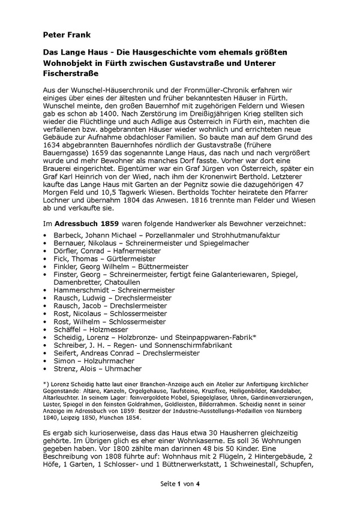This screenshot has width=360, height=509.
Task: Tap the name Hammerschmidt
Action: [82, 290]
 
